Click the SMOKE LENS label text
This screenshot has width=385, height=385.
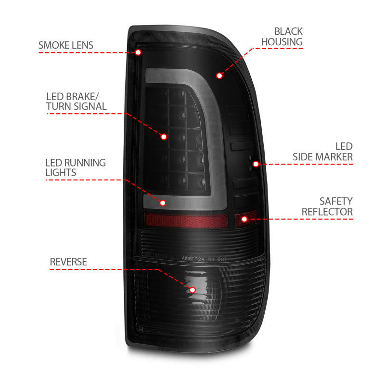(66, 45)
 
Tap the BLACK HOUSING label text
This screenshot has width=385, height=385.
(282, 37)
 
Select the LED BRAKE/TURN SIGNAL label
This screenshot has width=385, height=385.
(76, 101)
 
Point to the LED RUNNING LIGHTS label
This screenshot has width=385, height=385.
(75, 167)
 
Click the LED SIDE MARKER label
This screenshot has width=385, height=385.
(323, 151)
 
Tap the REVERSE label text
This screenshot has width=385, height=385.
(68, 262)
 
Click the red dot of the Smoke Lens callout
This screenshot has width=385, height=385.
(138, 52)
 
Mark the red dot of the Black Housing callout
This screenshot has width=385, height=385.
(219, 76)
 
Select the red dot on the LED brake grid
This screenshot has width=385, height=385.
(164, 137)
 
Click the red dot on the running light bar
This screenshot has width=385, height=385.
(163, 203)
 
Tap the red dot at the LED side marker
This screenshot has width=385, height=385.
(256, 164)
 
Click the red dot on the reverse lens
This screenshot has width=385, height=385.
(192, 290)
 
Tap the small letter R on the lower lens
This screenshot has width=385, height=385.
(141, 329)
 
